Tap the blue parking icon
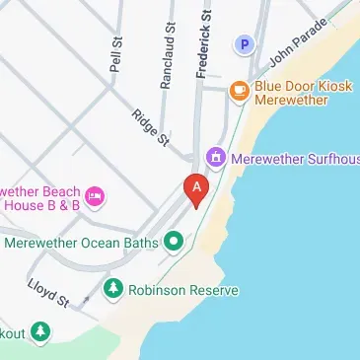243,44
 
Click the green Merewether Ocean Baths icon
174,240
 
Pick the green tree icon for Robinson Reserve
114,290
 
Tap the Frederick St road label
204,43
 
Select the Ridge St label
150,128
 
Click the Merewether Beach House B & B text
39,197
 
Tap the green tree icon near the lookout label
39,332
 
